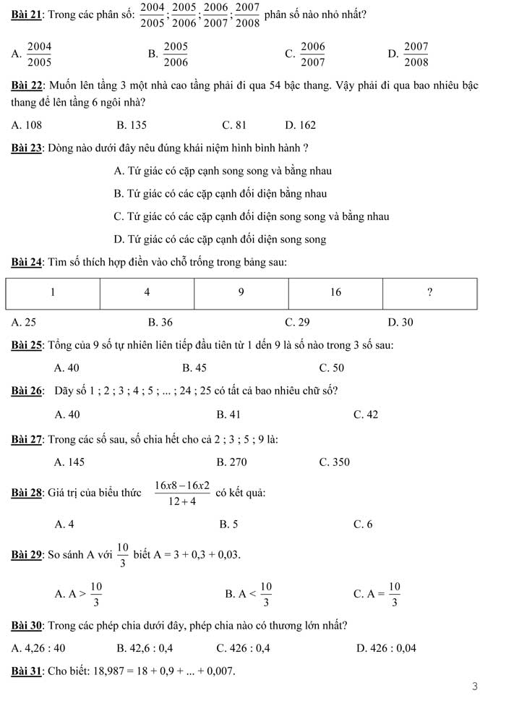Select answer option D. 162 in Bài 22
coord(301,125)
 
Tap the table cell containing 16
coord(335,293)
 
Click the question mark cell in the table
coord(429,293)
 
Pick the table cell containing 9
coord(241,293)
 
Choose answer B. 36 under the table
coord(160,322)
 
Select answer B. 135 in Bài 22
coord(132,125)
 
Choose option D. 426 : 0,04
coord(387,648)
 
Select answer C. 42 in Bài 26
coord(366,415)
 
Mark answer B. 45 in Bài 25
coord(194,368)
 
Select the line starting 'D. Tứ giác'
coord(220,239)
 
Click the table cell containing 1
coord(53,293)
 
